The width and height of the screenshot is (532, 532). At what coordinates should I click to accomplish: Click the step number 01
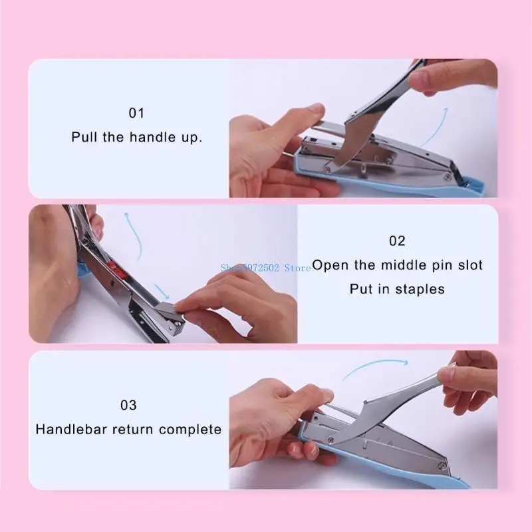136,113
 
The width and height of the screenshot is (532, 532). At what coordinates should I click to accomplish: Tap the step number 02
397,241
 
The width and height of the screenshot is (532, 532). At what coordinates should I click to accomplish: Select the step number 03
128,405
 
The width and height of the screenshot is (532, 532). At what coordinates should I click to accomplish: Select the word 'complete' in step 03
192,430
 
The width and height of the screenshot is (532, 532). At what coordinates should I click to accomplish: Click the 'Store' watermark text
297,268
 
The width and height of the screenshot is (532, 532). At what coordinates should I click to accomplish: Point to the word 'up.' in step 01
192,138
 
